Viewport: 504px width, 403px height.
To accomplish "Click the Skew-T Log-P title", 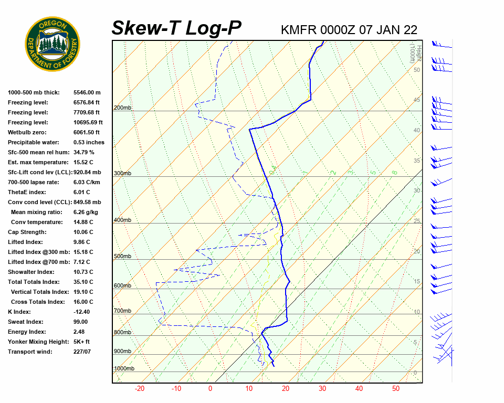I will pos(176,28).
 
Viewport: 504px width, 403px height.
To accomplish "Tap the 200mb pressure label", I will pos(122,108).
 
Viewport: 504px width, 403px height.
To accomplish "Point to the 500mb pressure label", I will pos(122,257).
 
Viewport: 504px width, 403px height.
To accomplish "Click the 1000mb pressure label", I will pos(124,369).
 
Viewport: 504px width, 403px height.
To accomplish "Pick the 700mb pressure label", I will pos(122,311).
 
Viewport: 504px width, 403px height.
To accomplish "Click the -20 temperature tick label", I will pos(140,389).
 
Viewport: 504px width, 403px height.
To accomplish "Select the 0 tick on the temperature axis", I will pos(210,389).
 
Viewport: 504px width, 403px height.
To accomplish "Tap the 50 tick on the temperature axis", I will pos(396,389).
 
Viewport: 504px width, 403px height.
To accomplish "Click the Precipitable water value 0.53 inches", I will pos(89,142).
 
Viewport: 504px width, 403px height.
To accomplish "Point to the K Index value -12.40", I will pos(81,312).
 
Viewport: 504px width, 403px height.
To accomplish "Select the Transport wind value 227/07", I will pos(82,352).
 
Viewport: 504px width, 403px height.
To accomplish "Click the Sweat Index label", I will pos(26,322).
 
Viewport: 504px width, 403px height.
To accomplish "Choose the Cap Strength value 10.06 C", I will pos(83,232).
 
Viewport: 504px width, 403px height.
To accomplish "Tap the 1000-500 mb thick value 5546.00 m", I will pos(87,92).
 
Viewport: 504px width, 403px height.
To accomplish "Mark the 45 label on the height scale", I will pos(417,100).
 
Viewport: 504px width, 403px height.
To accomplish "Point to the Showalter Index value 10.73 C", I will pos(83,272).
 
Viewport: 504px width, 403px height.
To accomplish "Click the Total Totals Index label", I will pos(33,282).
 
